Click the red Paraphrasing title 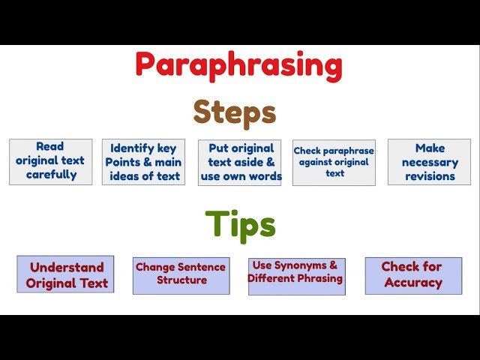click(238, 65)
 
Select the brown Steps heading click(235, 112)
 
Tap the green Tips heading click(240, 223)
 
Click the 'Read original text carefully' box click(51, 161)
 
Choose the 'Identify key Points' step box click(142, 162)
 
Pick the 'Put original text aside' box click(240, 162)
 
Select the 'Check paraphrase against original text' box click(334, 162)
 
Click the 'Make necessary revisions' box click(429, 162)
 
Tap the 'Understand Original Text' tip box click(66, 274)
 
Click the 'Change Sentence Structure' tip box click(181, 274)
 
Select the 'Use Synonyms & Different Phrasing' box click(296, 274)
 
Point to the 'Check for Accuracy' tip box click(412, 274)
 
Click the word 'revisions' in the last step click(430, 176)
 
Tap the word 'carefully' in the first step click(51, 175)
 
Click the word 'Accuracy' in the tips click(412, 283)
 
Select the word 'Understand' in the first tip click(67, 267)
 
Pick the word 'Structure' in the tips click(181, 280)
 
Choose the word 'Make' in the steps click(430, 148)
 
